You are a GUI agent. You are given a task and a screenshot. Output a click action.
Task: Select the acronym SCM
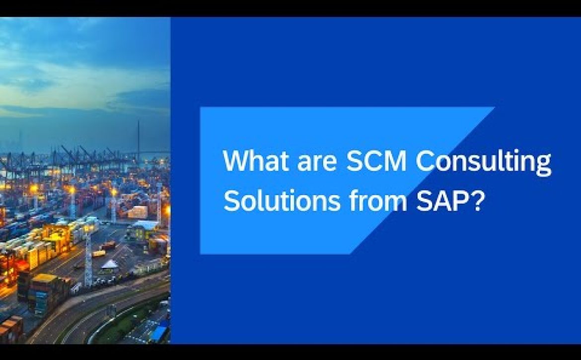click(376, 161)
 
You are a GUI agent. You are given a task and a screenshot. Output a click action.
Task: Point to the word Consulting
click(484, 163)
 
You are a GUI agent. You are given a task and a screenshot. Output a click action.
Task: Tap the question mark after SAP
click(478, 200)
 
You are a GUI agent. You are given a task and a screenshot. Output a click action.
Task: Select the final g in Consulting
click(543, 166)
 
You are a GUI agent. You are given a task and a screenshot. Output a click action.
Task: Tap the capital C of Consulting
click(425, 161)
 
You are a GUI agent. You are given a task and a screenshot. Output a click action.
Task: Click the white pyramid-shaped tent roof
click(110, 264)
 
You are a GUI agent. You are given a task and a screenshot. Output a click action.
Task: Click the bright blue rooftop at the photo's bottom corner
click(160, 332)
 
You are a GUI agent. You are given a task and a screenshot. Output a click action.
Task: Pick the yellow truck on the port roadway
click(99, 254)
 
